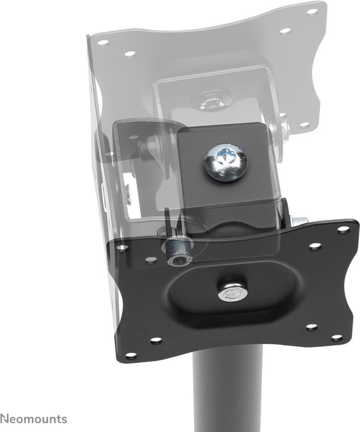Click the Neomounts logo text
click(x=34, y=419)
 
